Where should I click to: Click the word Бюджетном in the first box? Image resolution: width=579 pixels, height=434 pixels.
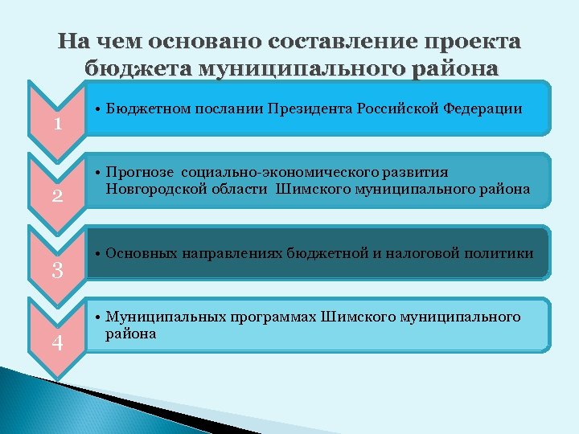[x=143, y=108]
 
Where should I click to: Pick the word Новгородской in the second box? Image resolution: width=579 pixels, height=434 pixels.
[x=150, y=189]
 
